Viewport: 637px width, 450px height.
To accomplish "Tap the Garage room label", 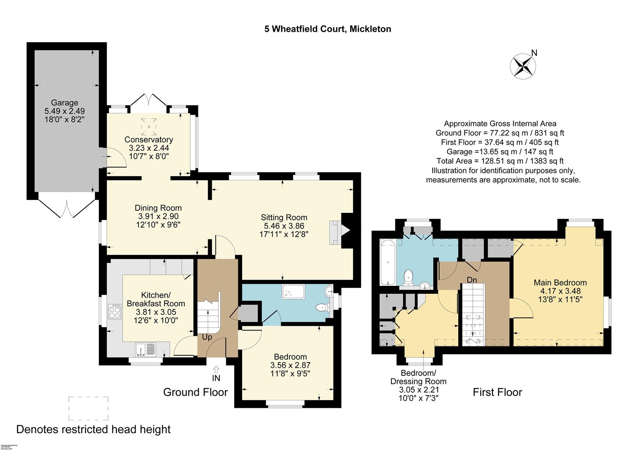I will tap(65, 102).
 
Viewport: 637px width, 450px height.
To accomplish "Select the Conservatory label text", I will tap(149, 140).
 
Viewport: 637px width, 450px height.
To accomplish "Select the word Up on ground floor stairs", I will tap(207, 337).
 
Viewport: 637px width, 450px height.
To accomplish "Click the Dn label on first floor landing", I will tap(471, 280).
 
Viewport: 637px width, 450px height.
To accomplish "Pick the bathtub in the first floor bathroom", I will tap(388, 262).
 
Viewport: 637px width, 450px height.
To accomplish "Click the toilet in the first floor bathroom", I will tap(409, 277).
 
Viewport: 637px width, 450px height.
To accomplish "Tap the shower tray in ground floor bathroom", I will tap(293, 292).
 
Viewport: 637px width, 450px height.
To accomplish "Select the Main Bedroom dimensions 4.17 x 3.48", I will tap(560, 291).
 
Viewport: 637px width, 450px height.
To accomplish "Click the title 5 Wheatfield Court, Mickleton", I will tap(328, 29).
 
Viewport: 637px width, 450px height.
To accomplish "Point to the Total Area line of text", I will tap(500, 161).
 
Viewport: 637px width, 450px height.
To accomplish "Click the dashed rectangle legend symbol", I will tap(88, 408).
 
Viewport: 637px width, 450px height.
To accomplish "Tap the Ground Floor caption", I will tap(196, 392).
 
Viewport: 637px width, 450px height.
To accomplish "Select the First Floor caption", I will tap(497, 392).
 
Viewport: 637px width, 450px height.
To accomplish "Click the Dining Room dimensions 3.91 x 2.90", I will tap(158, 217).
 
